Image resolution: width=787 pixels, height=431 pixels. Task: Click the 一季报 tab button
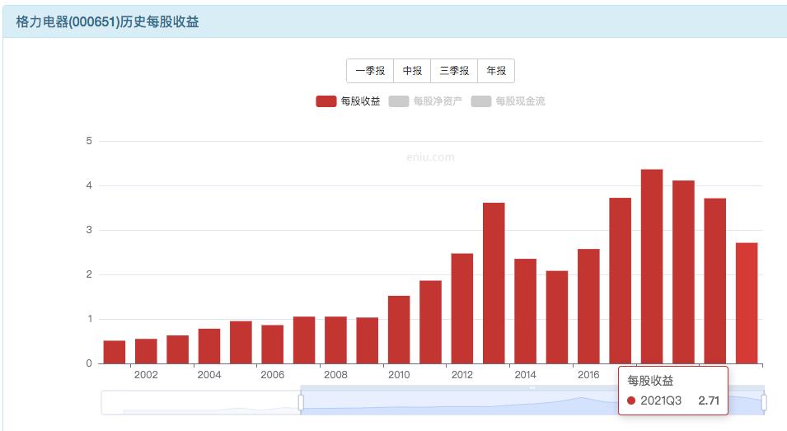click(370, 71)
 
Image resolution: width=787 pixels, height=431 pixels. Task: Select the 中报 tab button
click(412, 71)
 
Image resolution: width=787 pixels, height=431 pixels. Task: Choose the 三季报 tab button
click(454, 71)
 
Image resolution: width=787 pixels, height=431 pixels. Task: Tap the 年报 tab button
click(496, 71)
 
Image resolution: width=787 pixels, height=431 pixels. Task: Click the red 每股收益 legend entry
click(348, 101)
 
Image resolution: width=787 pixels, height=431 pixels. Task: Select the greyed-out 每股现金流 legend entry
click(508, 101)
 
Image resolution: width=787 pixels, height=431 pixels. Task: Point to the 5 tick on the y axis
click(89, 141)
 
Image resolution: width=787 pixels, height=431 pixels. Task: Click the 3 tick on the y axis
click(89, 230)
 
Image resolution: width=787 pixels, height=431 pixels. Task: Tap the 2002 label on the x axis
click(146, 376)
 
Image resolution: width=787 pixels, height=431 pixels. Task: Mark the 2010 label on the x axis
click(399, 376)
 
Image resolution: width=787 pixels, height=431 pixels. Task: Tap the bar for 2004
click(209, 346)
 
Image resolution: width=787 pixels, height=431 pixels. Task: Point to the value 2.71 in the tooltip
click(709, 401)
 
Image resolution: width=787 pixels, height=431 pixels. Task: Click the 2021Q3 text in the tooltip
click(661, 401)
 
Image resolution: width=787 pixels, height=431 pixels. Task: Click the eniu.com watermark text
click(430, 157)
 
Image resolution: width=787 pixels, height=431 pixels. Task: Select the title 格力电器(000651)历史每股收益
click(107, 22)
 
